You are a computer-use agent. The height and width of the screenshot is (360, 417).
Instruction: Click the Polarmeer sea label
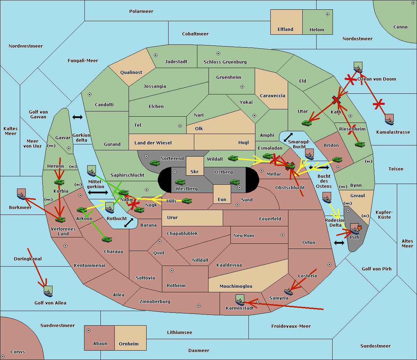[x=141, y=11]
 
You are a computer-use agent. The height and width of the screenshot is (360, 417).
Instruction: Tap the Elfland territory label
[x=285, y=30]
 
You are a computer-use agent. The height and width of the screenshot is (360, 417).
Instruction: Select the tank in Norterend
[x=155, y=163]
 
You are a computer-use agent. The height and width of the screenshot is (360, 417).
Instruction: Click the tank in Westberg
[x=180, y=182]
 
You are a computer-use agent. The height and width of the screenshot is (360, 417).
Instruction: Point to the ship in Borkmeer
[x=22, y=194]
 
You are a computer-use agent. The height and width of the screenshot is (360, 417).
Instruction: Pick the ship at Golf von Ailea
[x=48, y=291]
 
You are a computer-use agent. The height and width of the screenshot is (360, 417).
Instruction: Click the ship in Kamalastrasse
[x=389, y=119]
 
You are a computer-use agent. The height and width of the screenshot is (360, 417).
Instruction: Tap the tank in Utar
[x=306, y=123]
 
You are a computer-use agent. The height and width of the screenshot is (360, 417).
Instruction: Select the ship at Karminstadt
[x=240, y=300]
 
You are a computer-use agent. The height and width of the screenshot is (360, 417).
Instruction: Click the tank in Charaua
[x=107, y=239]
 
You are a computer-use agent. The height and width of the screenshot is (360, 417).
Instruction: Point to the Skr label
[x=195, y=171]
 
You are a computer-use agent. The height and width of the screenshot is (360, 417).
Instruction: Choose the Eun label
[x=222, y=199]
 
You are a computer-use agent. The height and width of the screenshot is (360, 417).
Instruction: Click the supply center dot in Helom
[x=328, y=14]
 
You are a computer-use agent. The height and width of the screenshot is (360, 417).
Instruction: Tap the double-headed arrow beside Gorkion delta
[x=77, y=117]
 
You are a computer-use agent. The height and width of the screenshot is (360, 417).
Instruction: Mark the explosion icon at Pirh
[x=359, y=228]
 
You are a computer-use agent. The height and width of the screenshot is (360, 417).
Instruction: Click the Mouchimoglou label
[x=236, y=286]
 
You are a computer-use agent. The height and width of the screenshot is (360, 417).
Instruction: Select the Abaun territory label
[x=100, y=343]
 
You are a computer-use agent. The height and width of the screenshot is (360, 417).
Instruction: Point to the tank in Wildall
[x=233, y=158]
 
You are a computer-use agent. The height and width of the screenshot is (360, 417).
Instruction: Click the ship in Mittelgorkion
[x=92, y=171]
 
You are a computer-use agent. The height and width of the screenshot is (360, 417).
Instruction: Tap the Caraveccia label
[x=272, y=95]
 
